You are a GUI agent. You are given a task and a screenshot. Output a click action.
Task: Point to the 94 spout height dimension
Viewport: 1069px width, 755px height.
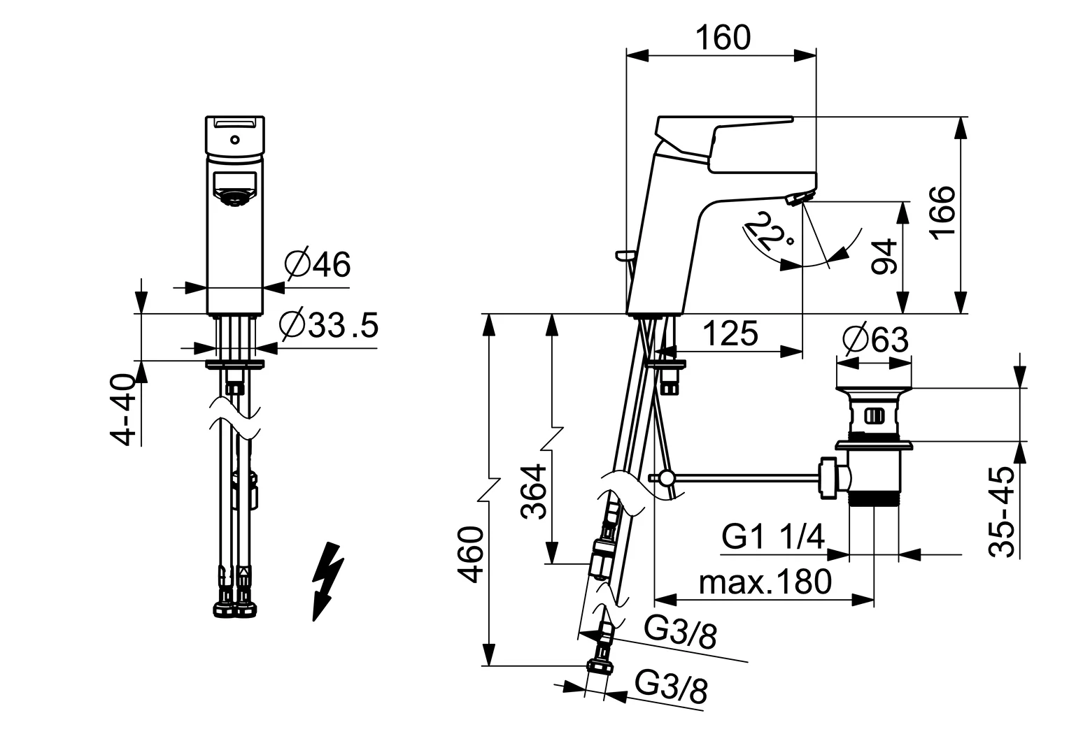click(885, 257)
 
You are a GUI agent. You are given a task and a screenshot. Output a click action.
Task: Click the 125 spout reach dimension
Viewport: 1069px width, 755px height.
click(730, 333)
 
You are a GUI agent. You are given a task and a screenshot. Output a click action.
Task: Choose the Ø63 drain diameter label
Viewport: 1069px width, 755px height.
click(876, 340)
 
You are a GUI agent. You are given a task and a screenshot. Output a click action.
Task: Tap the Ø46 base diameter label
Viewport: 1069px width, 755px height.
click(318, 264)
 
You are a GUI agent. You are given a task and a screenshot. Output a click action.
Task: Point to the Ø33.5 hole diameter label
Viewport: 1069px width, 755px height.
click(328, 325)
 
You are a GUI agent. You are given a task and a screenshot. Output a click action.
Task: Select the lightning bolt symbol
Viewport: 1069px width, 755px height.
click(327, 580)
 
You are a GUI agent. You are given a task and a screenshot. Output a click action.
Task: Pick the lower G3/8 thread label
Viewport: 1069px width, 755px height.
click(671, 689)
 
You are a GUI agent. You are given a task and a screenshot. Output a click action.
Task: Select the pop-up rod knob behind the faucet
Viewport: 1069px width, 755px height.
click(621, 254)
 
